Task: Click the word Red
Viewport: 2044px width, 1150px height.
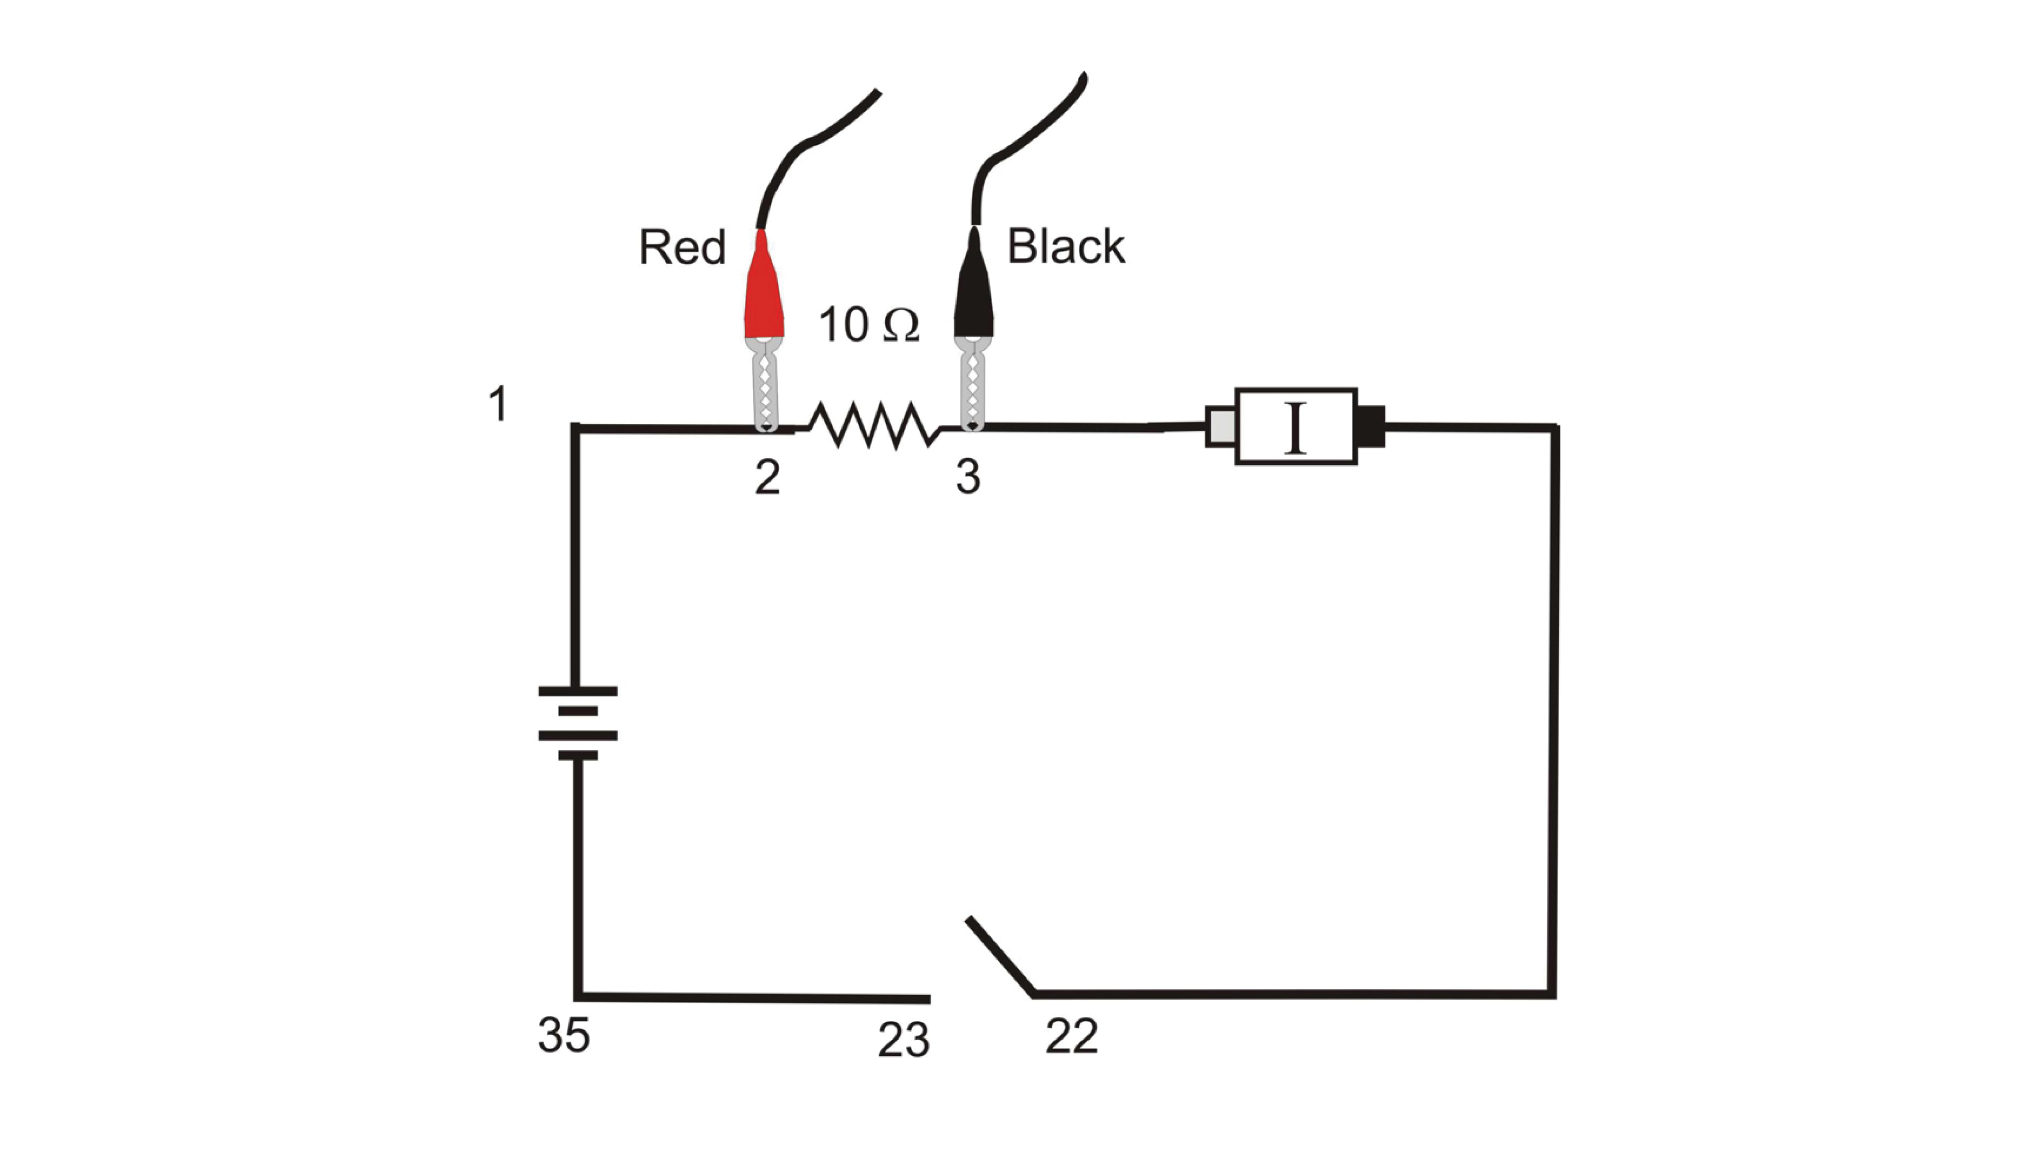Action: click(682, 247)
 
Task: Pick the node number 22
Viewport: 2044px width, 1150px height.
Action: click(1072, 1036)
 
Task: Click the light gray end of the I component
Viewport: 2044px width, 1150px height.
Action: click(1220, 426)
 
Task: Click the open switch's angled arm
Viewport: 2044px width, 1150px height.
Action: click(1000, 955)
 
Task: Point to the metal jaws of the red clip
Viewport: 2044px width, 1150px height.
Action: click(765, 384)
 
